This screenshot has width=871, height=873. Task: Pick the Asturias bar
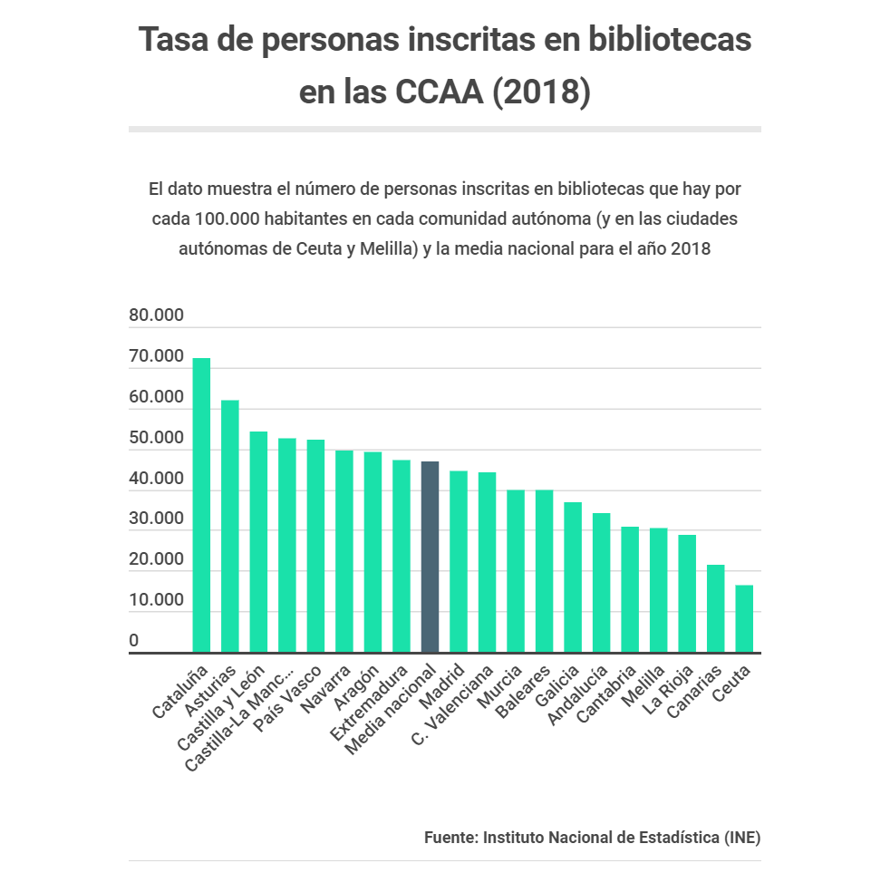230,526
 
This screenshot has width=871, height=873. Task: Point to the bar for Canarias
715,608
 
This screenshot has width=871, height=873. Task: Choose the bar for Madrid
459,561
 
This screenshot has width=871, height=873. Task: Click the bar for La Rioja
687,593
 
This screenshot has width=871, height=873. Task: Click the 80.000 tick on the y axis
156,316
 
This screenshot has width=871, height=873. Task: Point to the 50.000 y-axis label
156,439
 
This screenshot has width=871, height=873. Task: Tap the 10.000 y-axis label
156,600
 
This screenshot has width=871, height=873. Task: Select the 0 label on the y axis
134,641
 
